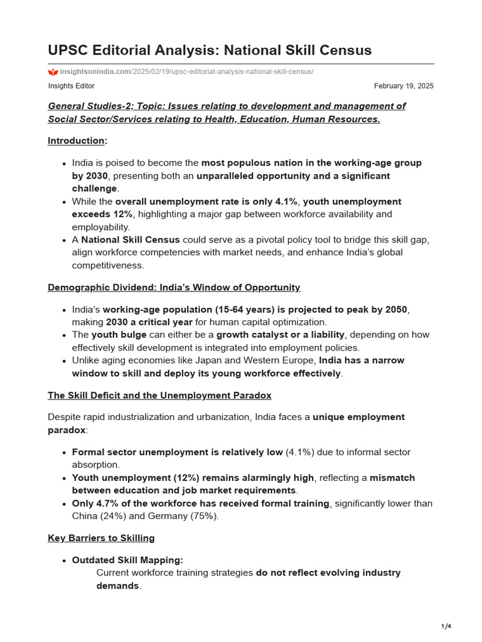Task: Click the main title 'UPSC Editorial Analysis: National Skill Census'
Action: pyautogui.click(x=210, y=50)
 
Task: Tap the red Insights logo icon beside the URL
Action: pyautogui.click(x=53, y=72)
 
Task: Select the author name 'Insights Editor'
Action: pyautogui.click(x=71, y=86)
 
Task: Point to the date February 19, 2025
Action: pyautogui.click(x=404, y=86)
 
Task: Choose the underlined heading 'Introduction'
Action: pyautogui.click(x=76, y=140)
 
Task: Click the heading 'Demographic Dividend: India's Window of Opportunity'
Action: pyautogui.click(x=174, y=287)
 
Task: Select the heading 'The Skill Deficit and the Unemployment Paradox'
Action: pyautogui.click(x=159, y=395)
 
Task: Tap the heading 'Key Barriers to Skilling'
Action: pyautogui.click(x=101, y=538)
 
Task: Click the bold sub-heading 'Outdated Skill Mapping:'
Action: pyautogui.click(x=127, y=560)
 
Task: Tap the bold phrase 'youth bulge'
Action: pyautogui.click(x=119, y=335)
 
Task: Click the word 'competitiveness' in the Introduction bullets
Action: pyautogui.click(x=108, y=265)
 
